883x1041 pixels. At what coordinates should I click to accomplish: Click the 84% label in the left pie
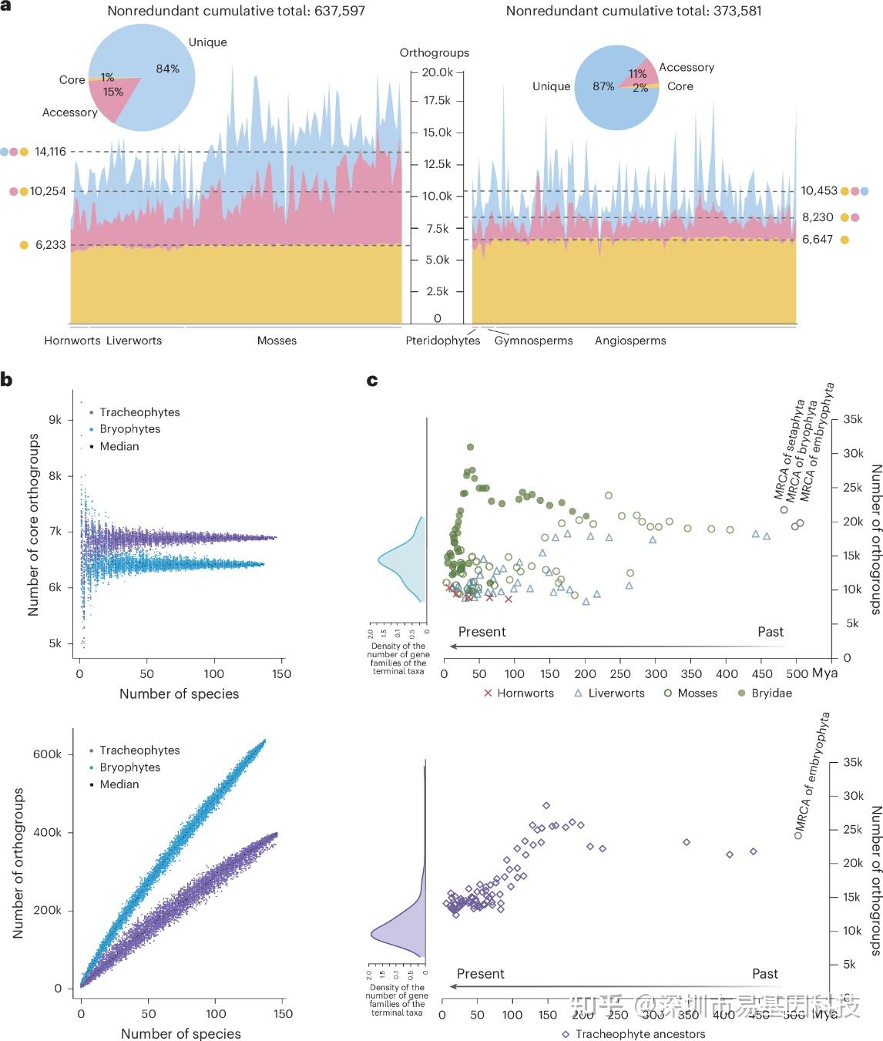[167, 69]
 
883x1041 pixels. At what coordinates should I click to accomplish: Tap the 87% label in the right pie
[603, 86]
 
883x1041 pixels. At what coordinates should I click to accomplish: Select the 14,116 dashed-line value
[50, 152]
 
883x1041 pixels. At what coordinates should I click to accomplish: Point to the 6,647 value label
[818, 240]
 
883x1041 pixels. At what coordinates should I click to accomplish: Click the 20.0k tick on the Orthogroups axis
[437, 72]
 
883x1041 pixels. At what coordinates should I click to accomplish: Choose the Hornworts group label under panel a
[72, 341]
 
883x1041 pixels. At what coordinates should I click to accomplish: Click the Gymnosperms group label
[533, 341]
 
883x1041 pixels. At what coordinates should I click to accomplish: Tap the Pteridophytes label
[442, 341]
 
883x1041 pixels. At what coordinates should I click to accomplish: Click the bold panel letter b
[7, 379]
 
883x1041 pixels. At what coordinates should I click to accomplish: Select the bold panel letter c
[372, 380]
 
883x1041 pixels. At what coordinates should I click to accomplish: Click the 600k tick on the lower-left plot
[48, 754]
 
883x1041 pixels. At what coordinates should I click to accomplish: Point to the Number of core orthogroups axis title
[33, 525]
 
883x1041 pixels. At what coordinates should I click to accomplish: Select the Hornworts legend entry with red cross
[519, 693]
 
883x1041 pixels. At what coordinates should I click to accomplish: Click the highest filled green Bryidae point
[470, 447]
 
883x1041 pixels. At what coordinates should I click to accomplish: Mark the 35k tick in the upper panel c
[853, 420]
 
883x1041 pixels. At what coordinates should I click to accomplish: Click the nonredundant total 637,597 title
[236, 12]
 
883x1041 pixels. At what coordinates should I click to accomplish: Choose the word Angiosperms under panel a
[630, 341]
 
